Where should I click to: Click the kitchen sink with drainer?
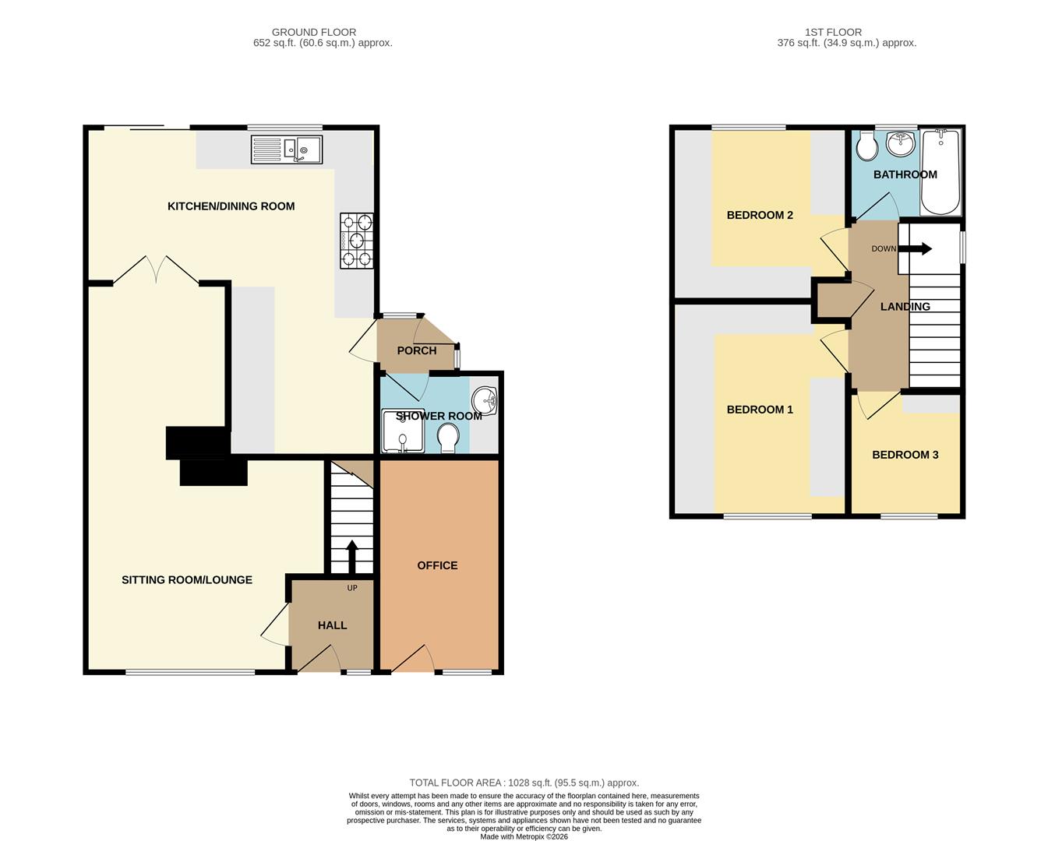(286, 150)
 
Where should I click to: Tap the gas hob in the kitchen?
(356, 241)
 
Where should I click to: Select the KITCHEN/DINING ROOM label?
(231, 206)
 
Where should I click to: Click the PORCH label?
(417, 350)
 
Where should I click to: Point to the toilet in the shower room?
(449, 438)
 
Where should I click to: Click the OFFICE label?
(437, 565)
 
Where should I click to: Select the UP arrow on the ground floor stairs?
(351, 556)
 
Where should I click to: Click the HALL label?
(332, 625)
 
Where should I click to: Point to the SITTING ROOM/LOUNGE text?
(187, 580)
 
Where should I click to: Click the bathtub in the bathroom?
(941, 173)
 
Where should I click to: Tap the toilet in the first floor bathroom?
(866, 146)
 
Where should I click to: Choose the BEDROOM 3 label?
(905, 455)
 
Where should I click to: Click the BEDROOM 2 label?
(760, 215)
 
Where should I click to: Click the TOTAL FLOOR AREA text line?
(524, 783)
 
